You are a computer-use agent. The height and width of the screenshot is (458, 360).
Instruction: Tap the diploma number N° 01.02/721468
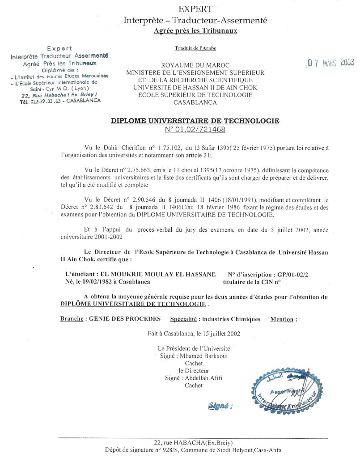tap(195, 130)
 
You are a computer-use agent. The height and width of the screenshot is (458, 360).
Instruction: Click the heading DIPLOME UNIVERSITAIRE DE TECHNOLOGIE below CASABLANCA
tap(195, 121)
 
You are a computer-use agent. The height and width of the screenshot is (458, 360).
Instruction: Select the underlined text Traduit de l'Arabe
tap(195, 48)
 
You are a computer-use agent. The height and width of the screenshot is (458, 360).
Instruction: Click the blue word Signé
tap(219, 406)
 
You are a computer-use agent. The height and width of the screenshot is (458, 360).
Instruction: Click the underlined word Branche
tap(71, 319)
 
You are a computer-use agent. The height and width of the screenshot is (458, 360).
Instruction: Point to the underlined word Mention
tap(282, 319)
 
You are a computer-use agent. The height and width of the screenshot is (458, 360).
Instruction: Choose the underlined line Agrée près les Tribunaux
tap(195, 31)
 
